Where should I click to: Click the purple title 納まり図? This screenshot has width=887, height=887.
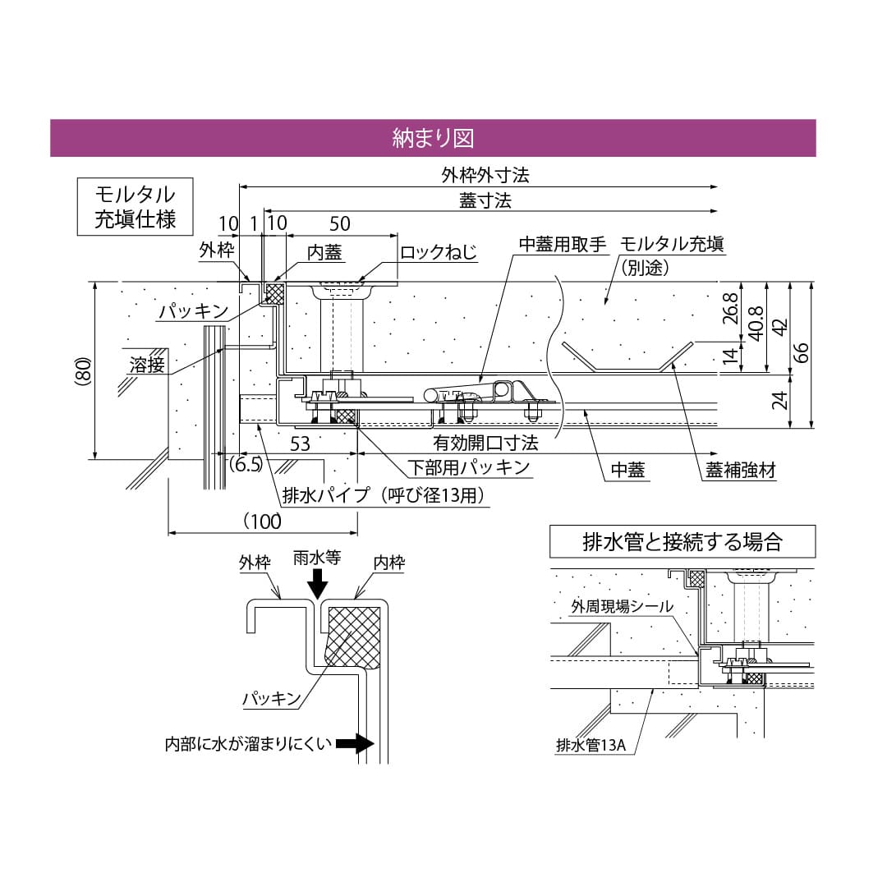(x=433, y=138)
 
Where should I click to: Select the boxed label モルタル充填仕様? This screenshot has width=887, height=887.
(x=135, y=207)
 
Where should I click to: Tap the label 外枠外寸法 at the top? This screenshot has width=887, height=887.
(x=485, y=176)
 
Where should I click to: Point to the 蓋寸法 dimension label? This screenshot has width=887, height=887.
(x=485, y=201)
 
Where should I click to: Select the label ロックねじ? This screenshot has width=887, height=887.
(x=438, y=252)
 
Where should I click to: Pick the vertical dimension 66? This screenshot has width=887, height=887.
(x=802, y=352)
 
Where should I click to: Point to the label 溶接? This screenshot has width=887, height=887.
(x=147, y=365)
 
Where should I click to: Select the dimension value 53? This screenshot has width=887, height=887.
(x=301, y=444)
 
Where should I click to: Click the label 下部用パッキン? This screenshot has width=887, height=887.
(x=469, y=468)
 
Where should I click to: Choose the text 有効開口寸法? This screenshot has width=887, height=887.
(x=485, y=443)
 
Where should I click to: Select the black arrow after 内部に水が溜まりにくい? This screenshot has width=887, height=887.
(x=354, y=745)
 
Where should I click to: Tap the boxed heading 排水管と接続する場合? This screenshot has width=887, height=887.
(x=682, y=542)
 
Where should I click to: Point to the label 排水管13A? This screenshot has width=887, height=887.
(x=591, y=746)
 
